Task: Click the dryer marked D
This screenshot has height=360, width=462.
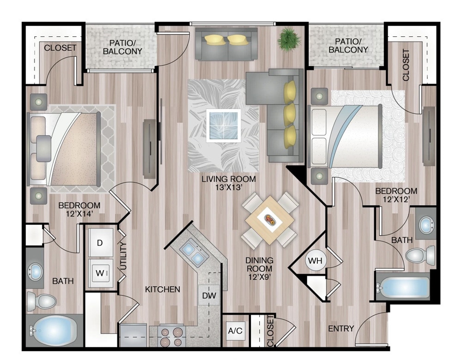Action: [x=100, y=242]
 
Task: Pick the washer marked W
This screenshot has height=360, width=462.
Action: [x=100, y=273]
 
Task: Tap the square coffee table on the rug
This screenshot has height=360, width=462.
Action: [x=224, y=125]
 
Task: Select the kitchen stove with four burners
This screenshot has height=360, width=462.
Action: [x=172, y=336]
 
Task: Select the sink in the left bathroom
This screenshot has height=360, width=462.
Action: [x=36, y=271]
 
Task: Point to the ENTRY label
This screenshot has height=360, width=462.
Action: [x=341, y=329]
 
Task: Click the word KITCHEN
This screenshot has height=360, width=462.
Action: [x=163, y=289]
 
